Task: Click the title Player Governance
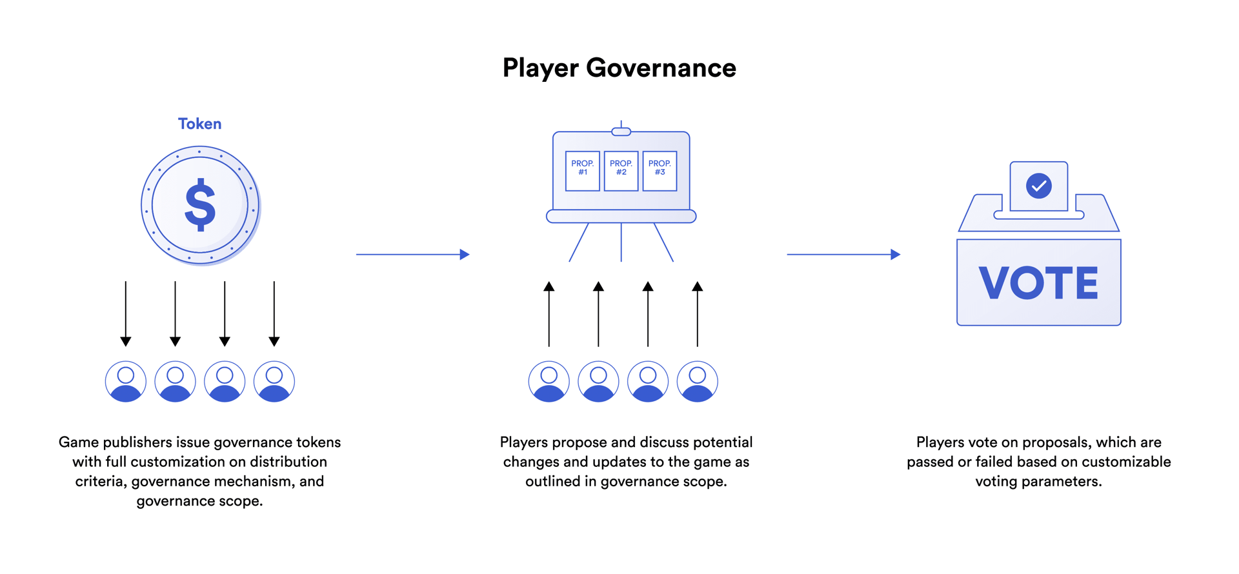pos(619,68)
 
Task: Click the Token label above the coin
pos(199,124)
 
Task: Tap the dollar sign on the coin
pos(200,205)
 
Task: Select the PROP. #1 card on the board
pos(582,171)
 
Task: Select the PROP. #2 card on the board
pos(621,171)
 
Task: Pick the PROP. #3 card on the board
pos(660,171)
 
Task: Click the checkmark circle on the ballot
pos(1038,186)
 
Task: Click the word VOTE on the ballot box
pos(1038,283)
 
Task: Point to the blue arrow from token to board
pos(412,254)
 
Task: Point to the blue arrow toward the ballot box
pos(843,254)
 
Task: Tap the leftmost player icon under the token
pos(126,382)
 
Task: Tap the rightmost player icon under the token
pos(274,382)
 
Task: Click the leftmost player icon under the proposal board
pos(549,382)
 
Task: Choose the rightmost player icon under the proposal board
pos(698,382)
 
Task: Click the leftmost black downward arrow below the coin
pos(126,313)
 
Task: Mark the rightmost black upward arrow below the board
pos(698,313)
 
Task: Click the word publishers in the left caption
pos(136,442)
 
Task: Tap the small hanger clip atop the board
pos(621,132)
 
